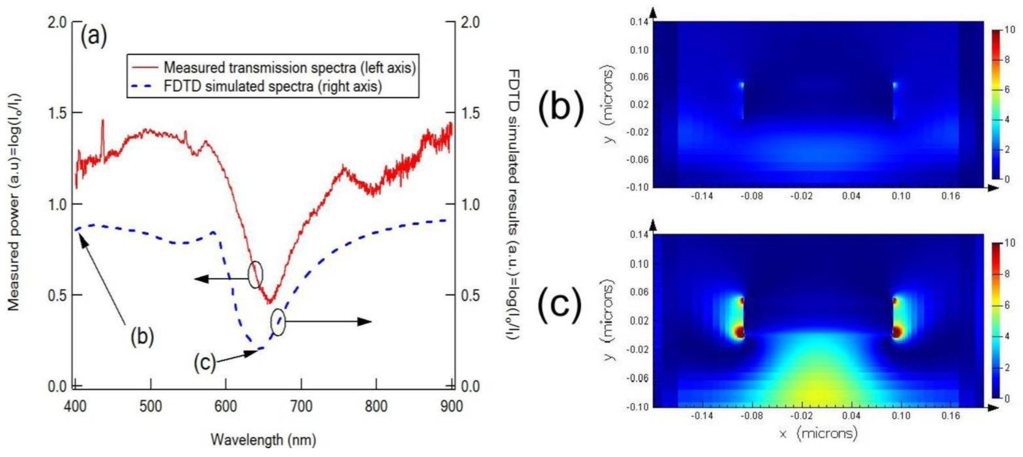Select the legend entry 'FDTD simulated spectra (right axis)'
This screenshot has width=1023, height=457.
273,86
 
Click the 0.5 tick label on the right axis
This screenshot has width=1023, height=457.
470,295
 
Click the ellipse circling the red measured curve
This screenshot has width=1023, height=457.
255,274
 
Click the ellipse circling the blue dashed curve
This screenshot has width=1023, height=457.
278,322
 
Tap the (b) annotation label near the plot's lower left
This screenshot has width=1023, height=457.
142,336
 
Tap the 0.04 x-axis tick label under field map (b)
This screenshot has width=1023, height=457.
851,196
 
